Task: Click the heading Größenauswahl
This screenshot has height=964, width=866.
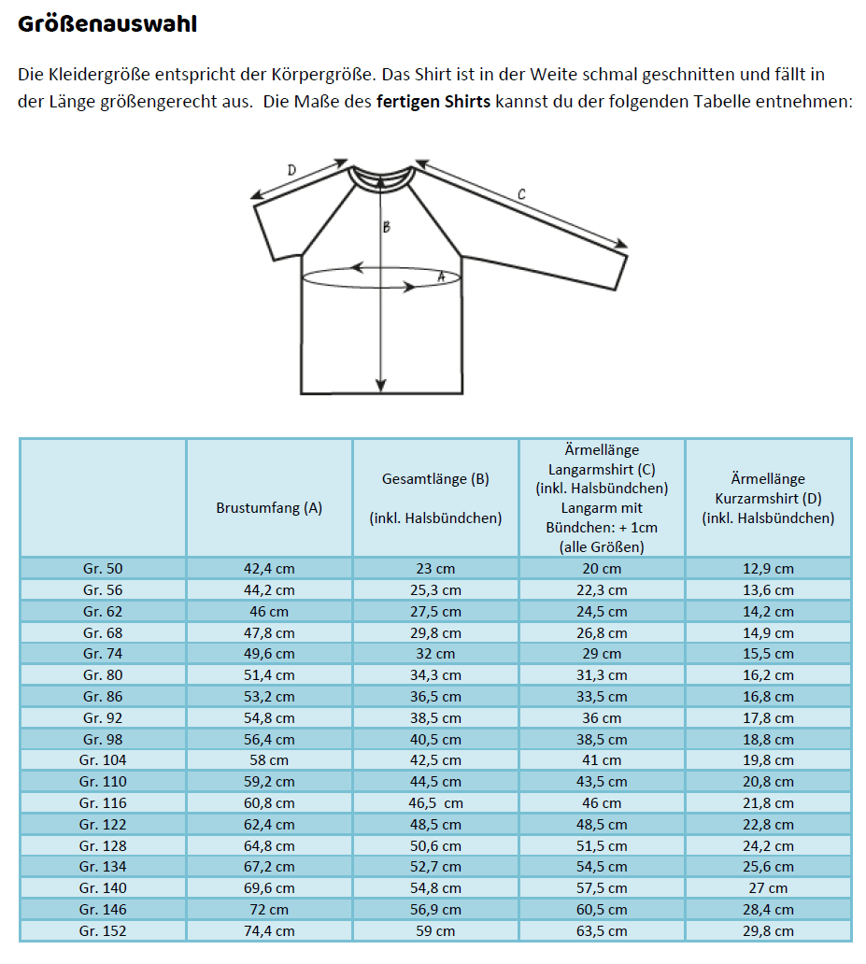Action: click(106, 25)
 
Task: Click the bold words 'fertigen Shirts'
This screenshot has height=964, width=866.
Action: click(433, 101)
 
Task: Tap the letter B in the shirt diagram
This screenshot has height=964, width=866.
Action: click(386, 226)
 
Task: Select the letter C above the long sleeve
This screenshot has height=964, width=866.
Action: click(520, 194)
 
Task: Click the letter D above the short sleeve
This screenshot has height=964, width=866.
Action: click(291, 170)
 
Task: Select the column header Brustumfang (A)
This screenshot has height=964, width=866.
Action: click(269, 508)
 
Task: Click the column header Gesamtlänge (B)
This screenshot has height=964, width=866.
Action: click(435, 480)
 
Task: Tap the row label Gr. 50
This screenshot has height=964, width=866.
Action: click(103, 569)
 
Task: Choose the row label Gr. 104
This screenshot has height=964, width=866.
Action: click(103, 760)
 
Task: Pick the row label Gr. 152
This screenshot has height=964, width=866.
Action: click(103, 930)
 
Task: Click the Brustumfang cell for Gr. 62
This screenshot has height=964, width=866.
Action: click(269, 612)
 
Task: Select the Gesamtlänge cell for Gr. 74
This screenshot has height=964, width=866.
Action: click(435, 654)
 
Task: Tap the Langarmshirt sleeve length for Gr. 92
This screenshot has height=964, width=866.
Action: click(602, 718)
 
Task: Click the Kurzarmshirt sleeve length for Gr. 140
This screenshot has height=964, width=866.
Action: click(768, 888)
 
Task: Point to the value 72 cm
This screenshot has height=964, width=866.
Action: click(269, 910)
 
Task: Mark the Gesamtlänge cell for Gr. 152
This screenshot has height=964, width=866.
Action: click(435, 930)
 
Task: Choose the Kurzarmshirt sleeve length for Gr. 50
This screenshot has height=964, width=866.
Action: click(768, 569)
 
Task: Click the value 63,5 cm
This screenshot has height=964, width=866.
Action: click(602, 930)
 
